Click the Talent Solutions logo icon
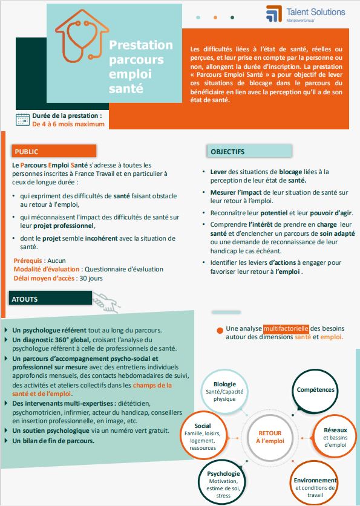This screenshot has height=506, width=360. coord(274,13)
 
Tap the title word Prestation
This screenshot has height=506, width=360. coord(140,45)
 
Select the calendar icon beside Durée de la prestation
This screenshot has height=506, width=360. coord(22,119)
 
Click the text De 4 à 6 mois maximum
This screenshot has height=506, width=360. coord(68,124)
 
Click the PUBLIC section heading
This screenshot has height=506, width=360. coord(27,152)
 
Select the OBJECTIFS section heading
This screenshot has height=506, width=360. coord(227,151)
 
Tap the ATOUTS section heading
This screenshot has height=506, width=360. coord(25,299)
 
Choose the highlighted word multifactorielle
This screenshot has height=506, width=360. coord(286,328)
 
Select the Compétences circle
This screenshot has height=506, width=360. coord(315,390)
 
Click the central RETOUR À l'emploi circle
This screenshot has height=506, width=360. coord(270,437)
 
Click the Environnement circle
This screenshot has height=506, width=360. coord(315,483)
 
